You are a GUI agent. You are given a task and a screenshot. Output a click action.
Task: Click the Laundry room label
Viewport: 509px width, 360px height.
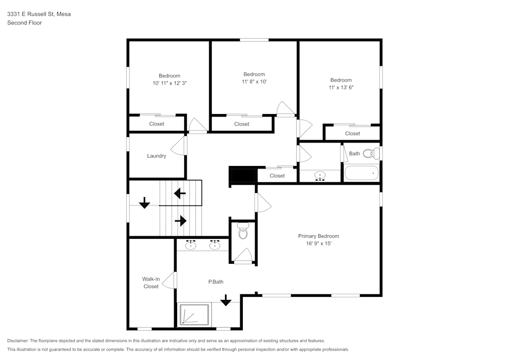click(156, 156)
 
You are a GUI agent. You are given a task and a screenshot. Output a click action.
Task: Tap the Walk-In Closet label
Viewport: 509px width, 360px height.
click(151, 283)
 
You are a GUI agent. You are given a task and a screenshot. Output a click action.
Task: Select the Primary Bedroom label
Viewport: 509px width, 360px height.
click(318, 236)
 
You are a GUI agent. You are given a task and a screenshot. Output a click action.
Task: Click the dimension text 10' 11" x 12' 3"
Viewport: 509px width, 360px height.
click(169, 82)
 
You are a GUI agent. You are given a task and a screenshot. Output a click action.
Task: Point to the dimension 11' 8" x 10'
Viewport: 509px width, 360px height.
click(254, 81)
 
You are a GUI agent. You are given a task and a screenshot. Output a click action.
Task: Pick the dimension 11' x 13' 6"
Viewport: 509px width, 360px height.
click(341, 87)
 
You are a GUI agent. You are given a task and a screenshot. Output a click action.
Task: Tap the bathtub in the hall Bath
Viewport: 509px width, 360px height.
click(362, 174)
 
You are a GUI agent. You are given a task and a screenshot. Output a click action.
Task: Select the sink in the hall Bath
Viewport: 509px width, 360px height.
click(320, 176)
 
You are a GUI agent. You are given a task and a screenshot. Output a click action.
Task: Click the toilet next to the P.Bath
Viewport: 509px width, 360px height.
click(243, 232)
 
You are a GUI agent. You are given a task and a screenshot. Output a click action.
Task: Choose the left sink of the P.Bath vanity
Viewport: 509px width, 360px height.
click(191, 245)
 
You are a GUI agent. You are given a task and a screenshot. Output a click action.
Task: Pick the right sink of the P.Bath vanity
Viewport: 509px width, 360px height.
click(215, 245)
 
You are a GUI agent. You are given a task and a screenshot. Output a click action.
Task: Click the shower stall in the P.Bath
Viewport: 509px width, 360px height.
click(193, 315)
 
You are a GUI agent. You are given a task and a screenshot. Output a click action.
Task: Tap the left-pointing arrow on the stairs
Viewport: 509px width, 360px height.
click(180, 193)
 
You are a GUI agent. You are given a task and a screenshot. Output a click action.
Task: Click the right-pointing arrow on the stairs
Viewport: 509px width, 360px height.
click(181, 221)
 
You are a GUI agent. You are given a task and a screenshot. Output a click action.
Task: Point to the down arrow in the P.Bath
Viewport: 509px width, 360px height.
click(225, 301)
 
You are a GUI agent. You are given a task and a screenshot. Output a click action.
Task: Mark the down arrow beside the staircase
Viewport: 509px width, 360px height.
click(145, 203)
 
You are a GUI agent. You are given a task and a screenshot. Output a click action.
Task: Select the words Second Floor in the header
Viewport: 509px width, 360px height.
click(24, 23)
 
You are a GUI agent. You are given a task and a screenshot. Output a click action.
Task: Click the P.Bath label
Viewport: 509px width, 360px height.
click(216, 282)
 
